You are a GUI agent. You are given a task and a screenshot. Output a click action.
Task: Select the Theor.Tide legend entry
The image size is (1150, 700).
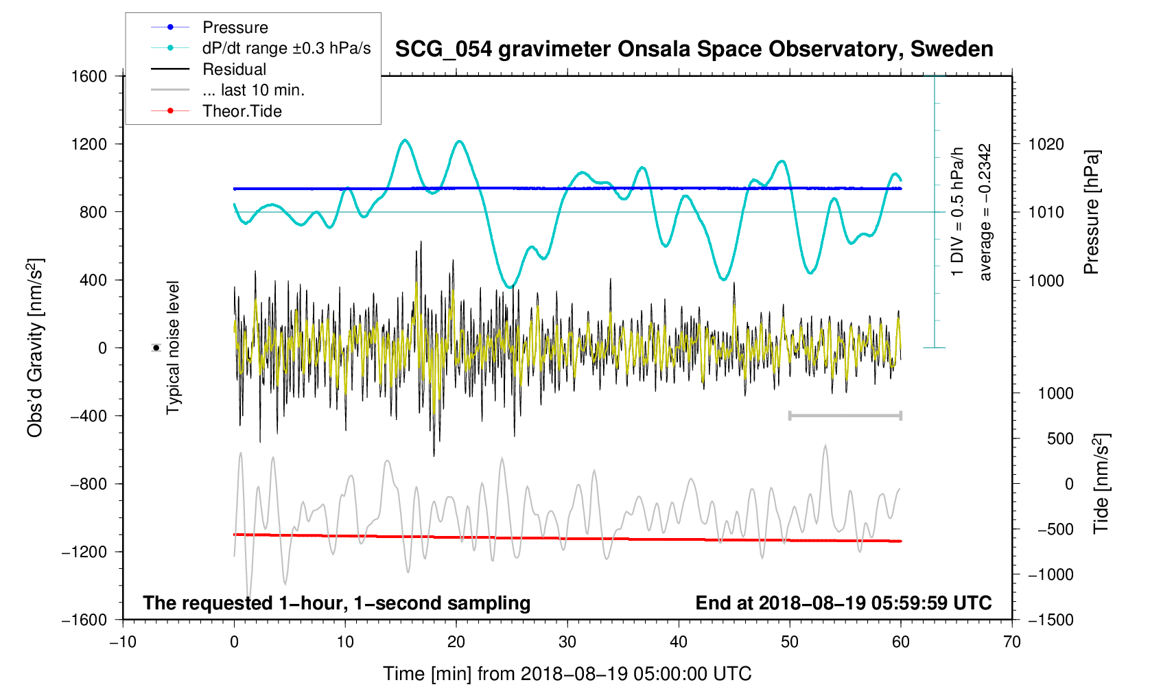[242, 111]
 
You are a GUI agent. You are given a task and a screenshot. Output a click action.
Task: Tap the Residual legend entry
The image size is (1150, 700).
[234, 69]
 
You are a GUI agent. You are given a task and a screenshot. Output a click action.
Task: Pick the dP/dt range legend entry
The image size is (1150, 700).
[285, 48]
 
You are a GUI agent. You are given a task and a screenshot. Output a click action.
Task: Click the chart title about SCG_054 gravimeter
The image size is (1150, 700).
[694, 49]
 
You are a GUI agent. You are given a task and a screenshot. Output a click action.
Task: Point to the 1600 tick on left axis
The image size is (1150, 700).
[89, 76]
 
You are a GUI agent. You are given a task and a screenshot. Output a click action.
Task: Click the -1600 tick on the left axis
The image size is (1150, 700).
[84, 620]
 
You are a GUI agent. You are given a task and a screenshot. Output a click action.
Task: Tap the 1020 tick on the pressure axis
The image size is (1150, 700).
[1046, 144]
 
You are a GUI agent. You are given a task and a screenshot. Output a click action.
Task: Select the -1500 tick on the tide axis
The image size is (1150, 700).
[1050, 620]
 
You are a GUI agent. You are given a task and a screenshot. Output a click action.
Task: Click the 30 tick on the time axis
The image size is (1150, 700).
[567, 642]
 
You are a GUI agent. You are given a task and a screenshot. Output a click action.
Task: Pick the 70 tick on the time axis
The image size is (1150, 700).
[1011, 642]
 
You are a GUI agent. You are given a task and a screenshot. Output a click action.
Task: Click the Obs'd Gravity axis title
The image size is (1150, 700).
[36, 348]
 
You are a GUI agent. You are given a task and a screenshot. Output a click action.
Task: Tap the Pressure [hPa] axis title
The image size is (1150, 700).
[1091, 212]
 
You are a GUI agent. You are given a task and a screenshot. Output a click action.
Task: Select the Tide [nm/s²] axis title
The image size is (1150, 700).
[1101, 484]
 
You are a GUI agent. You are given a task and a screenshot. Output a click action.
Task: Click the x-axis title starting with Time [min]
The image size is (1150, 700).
[567, 674]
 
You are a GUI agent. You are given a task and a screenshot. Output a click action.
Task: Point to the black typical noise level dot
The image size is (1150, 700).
[156, 348]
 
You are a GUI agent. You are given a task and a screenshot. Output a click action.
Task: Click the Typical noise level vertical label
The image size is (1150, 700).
[173, 348]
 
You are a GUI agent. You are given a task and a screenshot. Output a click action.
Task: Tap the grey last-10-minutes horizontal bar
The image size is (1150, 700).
[845, 415]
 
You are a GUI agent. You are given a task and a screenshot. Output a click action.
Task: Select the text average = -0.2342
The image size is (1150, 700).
[985, 212]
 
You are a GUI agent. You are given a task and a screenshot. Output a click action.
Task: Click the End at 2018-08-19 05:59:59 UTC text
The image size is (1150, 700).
[843, 603]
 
